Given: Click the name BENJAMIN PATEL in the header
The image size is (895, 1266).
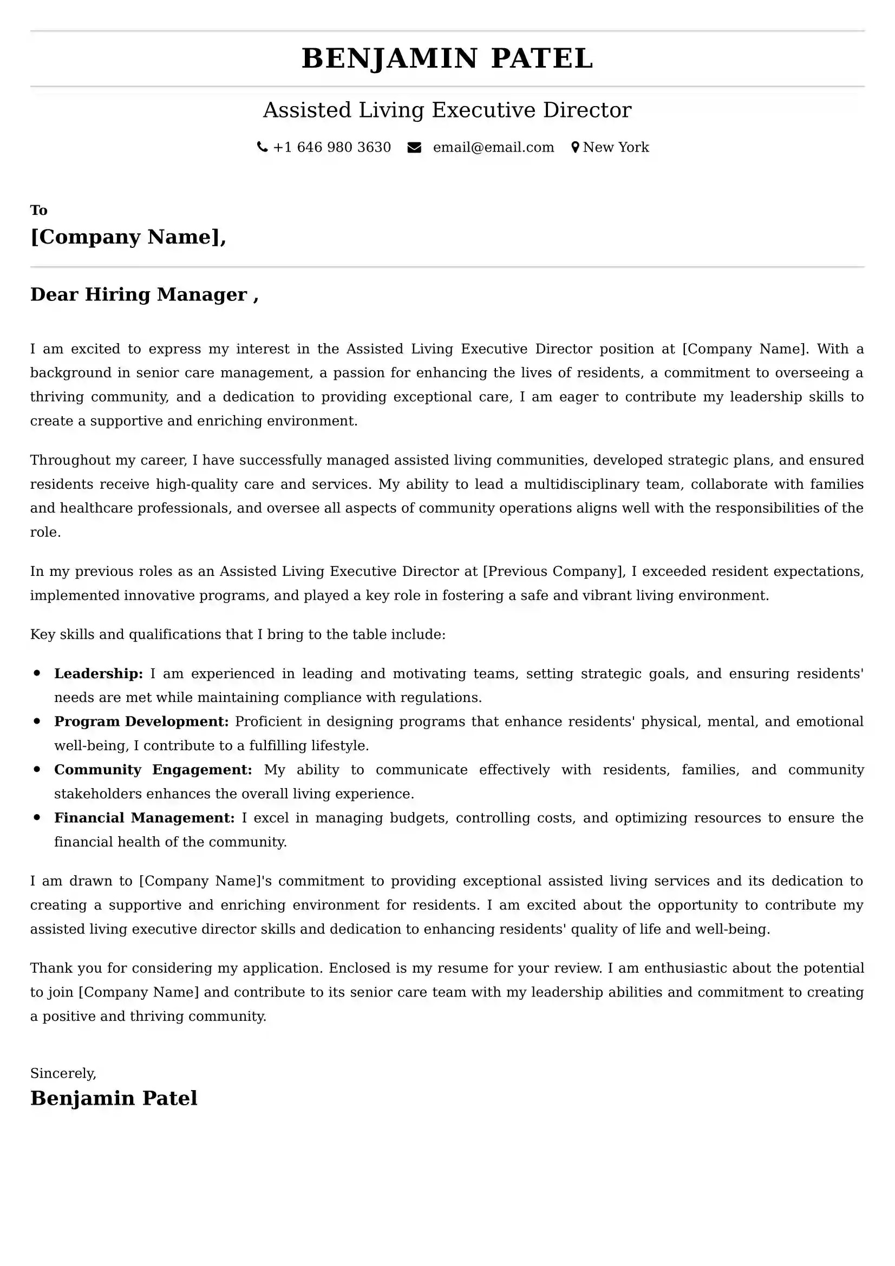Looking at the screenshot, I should [x=447, y=58].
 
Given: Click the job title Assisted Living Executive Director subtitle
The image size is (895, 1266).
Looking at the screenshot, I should [x=447, y=110].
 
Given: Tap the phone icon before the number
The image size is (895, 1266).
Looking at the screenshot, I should [x=263, y=147].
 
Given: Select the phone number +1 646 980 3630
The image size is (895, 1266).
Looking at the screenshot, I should [x=332, y=147].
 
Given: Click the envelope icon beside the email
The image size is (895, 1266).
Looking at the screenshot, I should [x=414, y=147].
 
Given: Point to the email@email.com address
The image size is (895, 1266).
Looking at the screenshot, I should [x=493, y=147].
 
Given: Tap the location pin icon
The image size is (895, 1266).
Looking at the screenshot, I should [x=575, y=147].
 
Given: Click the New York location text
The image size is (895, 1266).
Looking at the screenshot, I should [x=616, y=147].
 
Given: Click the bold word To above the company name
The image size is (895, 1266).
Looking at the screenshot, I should [x=38, y=210].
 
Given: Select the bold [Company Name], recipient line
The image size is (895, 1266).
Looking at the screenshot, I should [x=128, y=237].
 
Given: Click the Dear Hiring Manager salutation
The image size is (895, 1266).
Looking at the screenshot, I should [x=144, y=294].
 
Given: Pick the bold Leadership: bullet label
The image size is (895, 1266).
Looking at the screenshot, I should [x=98, y=673].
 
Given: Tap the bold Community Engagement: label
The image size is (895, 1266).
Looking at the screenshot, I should [x=153, y=769].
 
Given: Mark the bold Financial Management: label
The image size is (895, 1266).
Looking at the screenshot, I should [x=145, y=818].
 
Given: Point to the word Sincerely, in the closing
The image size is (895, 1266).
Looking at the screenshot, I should [x=63, y=1073].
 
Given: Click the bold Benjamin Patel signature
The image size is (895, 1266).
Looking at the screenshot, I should [x=114, y=1098].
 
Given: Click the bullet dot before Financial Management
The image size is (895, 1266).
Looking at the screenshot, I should [x=37, y=817].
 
